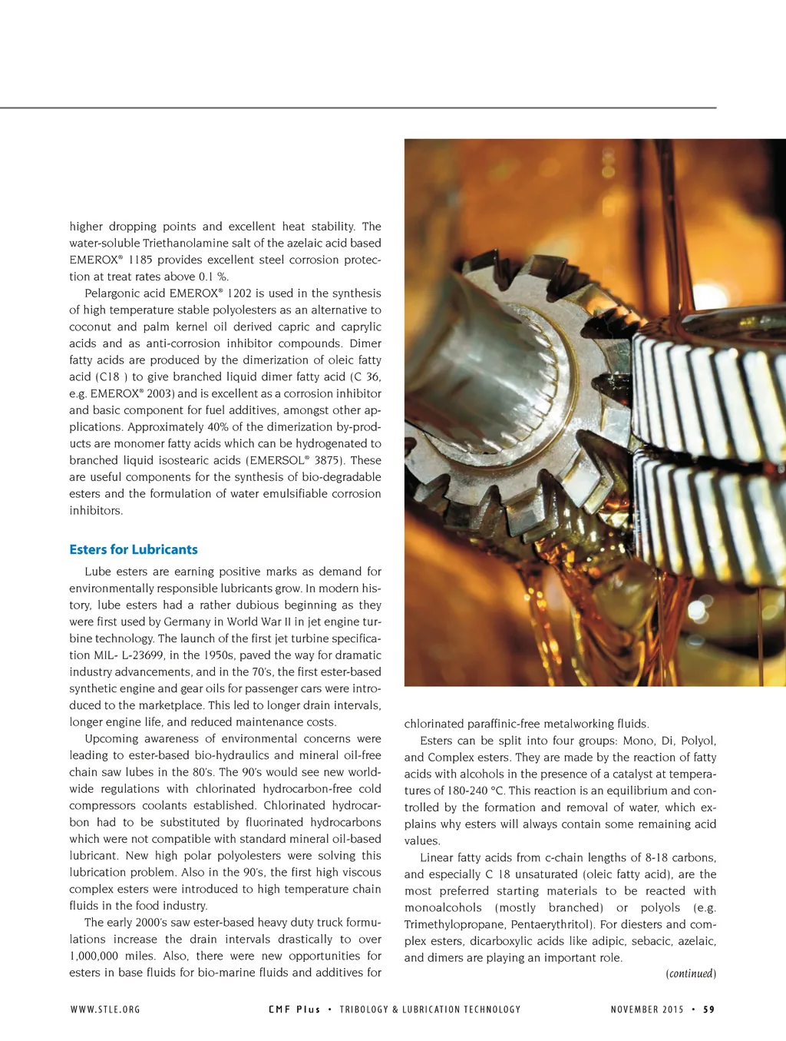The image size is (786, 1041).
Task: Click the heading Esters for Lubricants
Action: [x=134, y=549]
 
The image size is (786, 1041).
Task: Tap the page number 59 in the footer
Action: [x=709, y=1010]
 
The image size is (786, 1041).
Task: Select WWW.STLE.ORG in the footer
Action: [x=105, y=1010]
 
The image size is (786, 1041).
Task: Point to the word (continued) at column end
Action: [x=691, y=974]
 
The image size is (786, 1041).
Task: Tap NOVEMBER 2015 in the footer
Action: [x=647, y=1010]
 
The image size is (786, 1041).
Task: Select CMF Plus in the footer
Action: [x=294, y=1010]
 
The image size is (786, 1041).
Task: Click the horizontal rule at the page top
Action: [x=358, y=108]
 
